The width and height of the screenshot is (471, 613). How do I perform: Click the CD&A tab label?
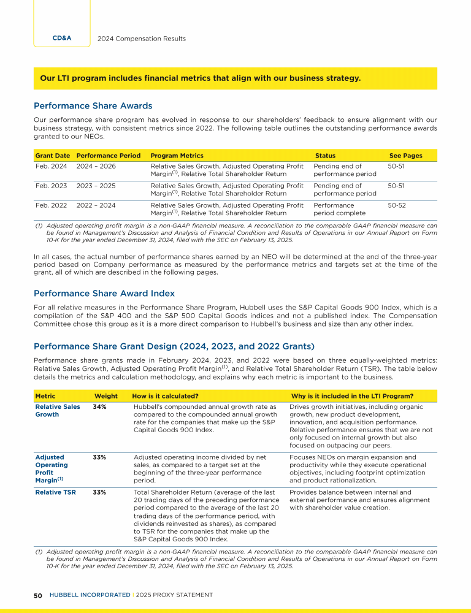(x=61, y=38)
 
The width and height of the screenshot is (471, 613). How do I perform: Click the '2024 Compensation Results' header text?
(x=142, y=39)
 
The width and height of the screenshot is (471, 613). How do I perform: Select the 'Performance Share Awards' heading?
(x=93, y=105)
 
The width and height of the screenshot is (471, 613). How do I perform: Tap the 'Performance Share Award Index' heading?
(x=104, y=293)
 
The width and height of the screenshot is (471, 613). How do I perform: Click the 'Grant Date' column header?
(x=52, y=156)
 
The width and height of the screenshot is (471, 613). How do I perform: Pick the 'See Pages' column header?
(x=405, y=156)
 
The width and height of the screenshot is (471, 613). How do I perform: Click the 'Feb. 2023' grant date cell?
(x=51, y=185)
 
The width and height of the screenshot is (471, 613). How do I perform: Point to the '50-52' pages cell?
(x=398, y=205)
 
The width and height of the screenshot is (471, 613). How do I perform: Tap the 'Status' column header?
(x=325, y=156)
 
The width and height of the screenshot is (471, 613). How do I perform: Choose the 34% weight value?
(x=99, y=406)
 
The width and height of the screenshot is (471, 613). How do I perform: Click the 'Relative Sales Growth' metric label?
(x=57, y=410)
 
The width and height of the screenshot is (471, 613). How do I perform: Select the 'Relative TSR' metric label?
(x=55, y=492)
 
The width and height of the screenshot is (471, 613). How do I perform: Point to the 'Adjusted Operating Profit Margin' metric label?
(x=53, y=468)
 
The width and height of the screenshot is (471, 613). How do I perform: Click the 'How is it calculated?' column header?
(x=164, y=396)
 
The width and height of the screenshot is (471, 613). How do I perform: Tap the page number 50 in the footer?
(x=37, y=595)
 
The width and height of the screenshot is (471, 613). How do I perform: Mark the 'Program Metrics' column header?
(x=177, y=156)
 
